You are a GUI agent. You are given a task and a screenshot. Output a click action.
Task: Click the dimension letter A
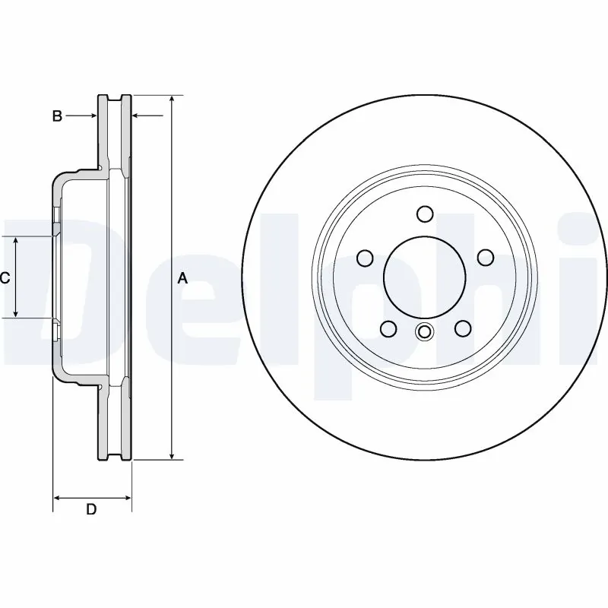click(x=182, y=278)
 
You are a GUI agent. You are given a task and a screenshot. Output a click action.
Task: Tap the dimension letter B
click(x=56, y=116)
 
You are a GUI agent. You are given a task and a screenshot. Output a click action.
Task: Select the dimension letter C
click(x=5, y=278)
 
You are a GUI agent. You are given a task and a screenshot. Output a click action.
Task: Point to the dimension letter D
click(x=91, y=509)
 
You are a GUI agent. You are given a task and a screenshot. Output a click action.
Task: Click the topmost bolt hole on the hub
click(x=425, y=214)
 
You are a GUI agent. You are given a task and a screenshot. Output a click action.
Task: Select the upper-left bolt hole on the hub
click(x=365, y=258)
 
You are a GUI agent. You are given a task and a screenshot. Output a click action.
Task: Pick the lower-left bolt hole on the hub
click(x=388, y=328)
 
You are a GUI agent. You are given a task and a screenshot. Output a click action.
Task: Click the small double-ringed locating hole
click(x=425, y=331)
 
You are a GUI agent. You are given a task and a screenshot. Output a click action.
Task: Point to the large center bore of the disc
click(x=425, y=277)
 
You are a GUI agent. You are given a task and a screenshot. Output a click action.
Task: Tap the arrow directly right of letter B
click(x=90, y=116)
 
